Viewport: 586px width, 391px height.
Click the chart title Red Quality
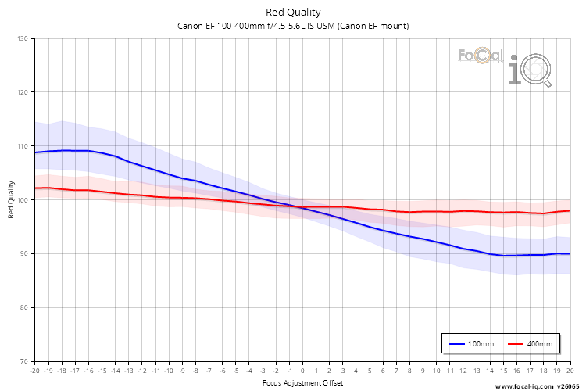293,12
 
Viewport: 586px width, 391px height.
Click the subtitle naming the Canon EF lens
293,26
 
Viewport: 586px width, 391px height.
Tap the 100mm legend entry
470,343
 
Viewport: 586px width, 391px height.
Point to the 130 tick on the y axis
22,38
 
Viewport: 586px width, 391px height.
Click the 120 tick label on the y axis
22,92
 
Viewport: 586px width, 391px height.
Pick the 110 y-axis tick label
22,146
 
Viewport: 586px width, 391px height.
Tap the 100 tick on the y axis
22,200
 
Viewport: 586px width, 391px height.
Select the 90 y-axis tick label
23,254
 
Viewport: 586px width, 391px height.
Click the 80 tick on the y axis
23,307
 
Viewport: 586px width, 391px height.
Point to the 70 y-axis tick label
23,361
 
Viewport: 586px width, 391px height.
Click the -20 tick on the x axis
34,371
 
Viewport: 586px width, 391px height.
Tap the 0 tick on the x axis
302,371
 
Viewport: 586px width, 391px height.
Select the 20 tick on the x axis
570,371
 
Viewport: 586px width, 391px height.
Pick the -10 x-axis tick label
168,371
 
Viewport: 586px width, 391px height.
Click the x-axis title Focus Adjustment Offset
302,383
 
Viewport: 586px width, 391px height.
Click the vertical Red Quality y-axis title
11,200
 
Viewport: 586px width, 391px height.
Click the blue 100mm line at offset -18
62,150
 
